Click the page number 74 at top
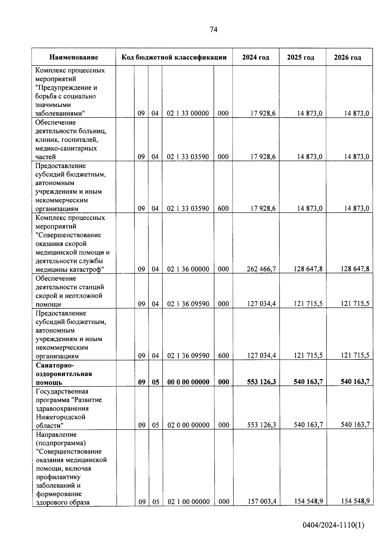click(x=213, y=30)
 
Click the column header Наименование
click(x=74, y=58)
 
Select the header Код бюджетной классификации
click(x=174, y=58)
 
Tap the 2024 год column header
click(x=256, y=58)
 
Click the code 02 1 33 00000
click(x=188, y=113)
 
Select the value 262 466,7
click(x=261, y=269)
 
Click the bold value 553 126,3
click(x=261, y=382)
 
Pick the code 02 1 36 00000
click(x=188, y=269)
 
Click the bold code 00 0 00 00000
click(x=188, y=382)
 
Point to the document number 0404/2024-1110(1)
click(x=333, y=534)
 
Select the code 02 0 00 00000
click(x=188, y=425)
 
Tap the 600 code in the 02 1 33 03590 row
click(x=223, y=209)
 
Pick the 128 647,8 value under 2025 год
click(x=308, y=269)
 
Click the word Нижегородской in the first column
click(x=60, y=417)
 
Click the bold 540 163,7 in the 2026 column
click(x=355, y=382)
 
